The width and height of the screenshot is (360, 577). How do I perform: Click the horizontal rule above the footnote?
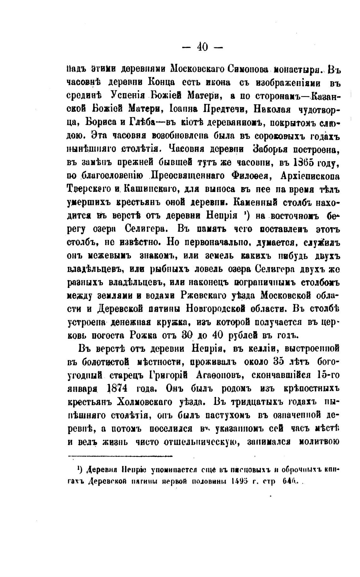(120, 456)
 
